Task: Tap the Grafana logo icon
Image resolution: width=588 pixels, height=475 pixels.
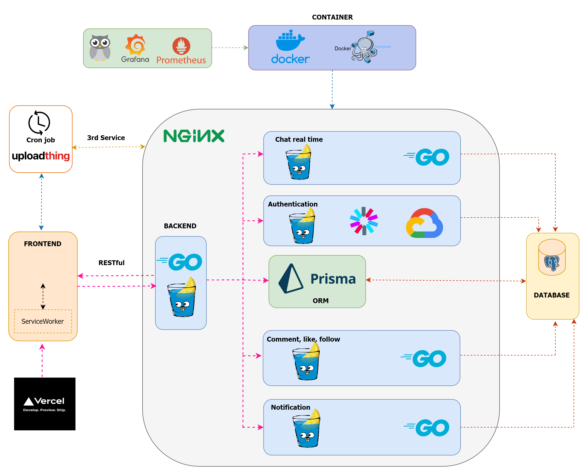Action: (135, 45)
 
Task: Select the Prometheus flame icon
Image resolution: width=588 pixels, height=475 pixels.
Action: (181, 46)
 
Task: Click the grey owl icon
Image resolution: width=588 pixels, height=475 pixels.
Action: (100, 48)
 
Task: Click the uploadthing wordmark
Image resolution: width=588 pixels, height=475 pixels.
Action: (41, 156)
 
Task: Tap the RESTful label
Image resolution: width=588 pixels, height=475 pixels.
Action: (111, 263)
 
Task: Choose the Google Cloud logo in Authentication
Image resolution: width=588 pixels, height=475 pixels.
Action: (424, 223)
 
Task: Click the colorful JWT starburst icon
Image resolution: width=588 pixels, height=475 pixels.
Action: (364, 221)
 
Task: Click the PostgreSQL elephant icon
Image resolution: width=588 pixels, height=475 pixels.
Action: (551, 263)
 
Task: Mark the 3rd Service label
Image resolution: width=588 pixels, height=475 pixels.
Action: (106, 138)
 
